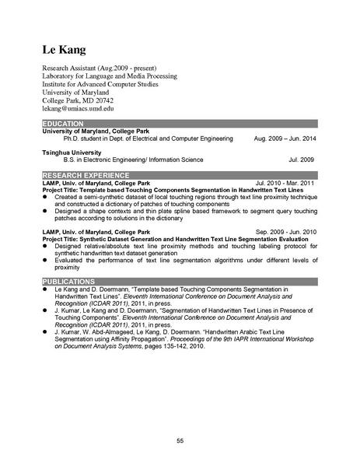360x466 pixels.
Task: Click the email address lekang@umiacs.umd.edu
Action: click(79, 110)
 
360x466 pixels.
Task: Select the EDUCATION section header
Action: click(66, 124)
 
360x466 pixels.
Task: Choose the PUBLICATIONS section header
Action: click(70, 280)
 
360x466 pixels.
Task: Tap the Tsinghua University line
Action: click(75, 151)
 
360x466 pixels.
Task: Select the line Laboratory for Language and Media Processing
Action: click(109, 76)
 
